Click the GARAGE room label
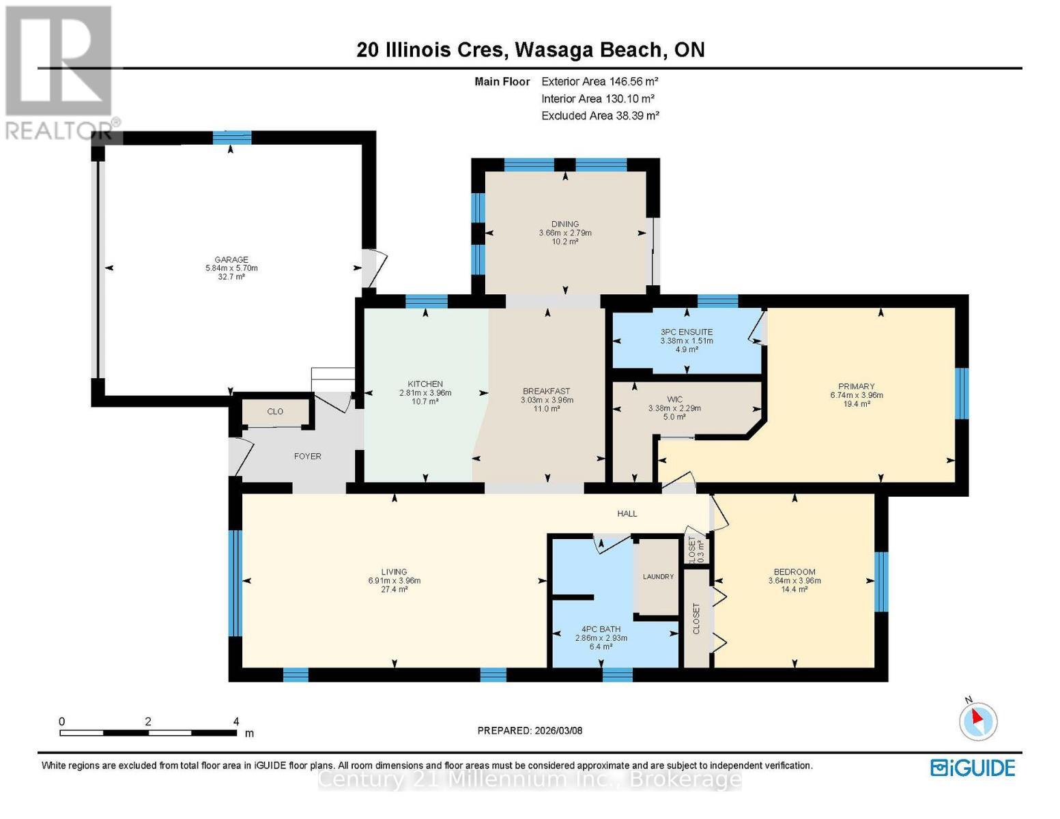[231, 260]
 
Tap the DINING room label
[564, 225]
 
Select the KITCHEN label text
[425, 384]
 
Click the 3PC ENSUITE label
[686, 332]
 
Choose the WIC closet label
[674, 399]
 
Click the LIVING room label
[394, 572]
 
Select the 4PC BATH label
[601, 629]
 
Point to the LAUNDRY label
[658, 577]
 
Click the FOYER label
[307, 457]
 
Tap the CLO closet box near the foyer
[275, 412]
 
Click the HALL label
[627, 514]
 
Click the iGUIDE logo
[973, 768]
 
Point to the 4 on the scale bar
[236, 721]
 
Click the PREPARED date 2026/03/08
[530, 731]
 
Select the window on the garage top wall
[231, 138]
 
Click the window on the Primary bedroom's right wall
[961, 393]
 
